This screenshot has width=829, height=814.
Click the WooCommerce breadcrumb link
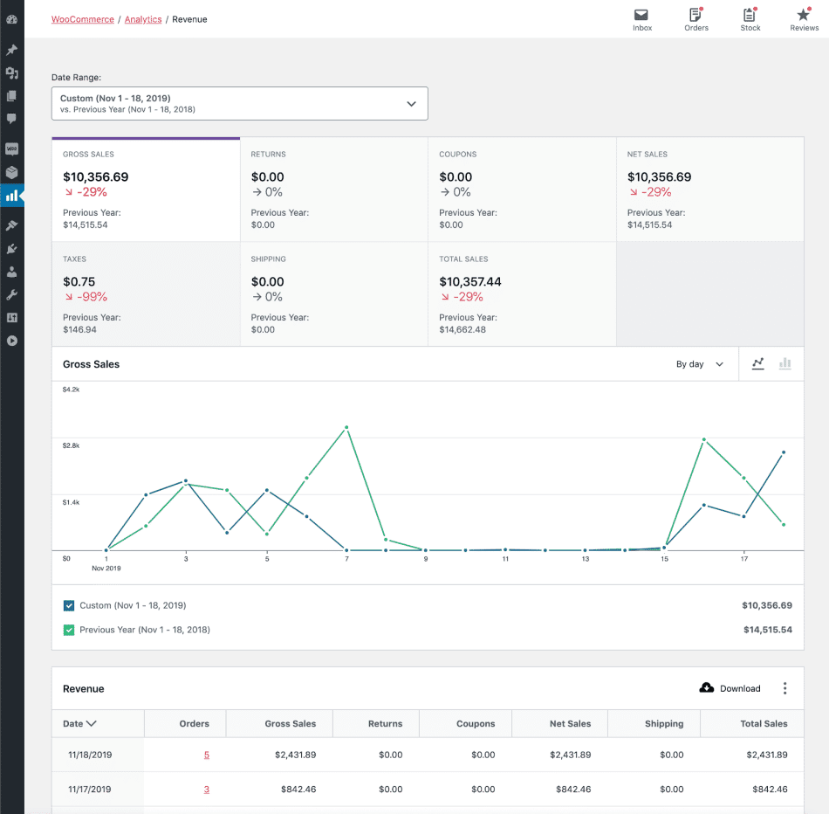click(82, 19)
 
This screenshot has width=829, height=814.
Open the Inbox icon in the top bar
click(641, 15)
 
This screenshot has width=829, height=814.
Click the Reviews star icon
click(804, 15)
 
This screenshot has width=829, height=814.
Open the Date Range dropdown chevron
click(412, 104)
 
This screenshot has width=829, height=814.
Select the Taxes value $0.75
click(79, 282)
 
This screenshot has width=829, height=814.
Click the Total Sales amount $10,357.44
click(470, 282)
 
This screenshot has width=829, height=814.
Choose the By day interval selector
click(700, 364)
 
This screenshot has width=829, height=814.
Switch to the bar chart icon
click(784, 364)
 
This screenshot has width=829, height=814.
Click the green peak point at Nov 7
click(346, 427)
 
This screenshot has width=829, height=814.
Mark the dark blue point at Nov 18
click(784, 452)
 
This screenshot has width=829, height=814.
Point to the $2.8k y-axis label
click(71, 445)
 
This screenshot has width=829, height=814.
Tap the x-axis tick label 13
click(586, 559)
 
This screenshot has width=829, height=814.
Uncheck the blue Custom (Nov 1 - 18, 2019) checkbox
click(69, 605)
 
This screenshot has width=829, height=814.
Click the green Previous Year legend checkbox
click(69, 630)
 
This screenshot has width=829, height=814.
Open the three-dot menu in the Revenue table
click(784, 688)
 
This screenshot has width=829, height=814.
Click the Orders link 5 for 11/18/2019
click(207, 755)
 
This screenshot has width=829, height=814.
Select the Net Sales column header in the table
click(570, 723)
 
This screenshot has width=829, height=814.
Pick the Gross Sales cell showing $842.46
click(298, 790)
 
